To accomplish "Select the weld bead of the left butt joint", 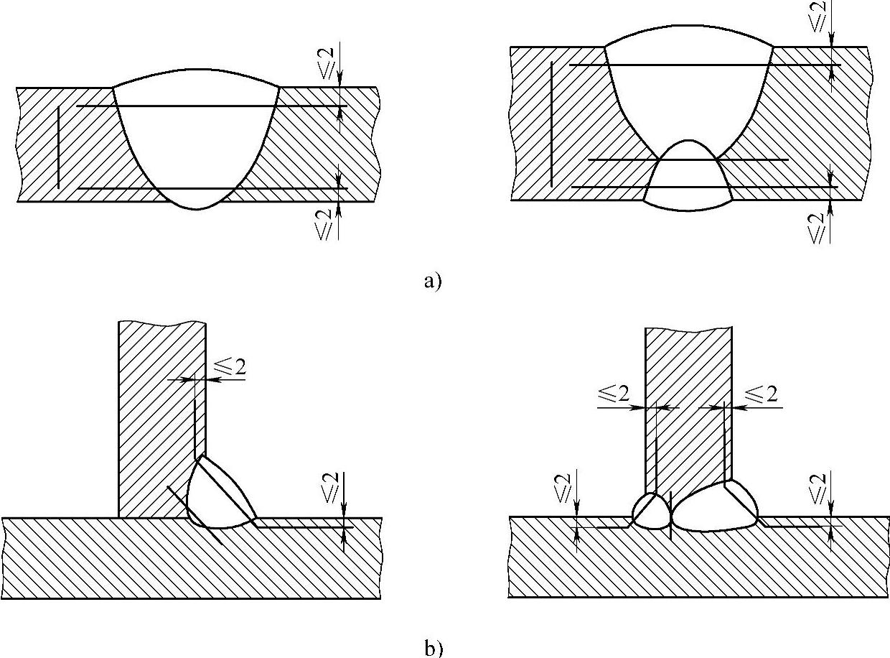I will pos(196,144).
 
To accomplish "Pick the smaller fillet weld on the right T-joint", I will pos(651,511).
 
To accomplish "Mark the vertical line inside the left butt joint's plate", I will pos(58,147).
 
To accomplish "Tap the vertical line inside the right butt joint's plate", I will pos(551,124).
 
